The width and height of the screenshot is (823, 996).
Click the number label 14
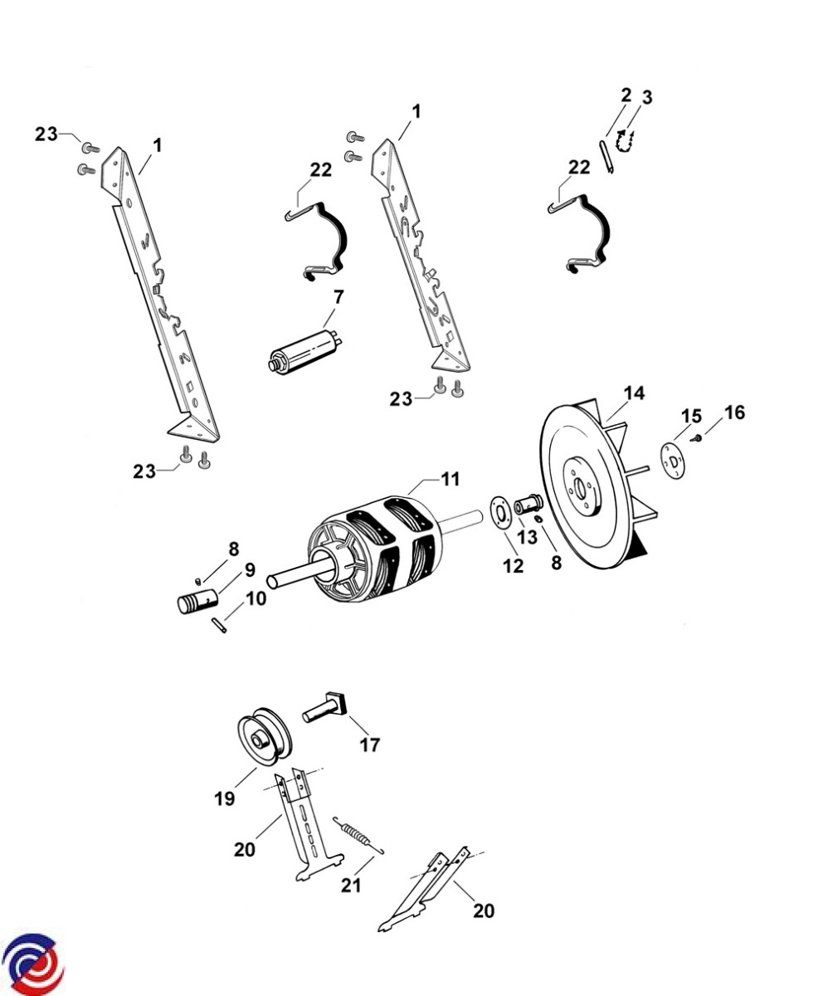pyautogui.click(x=634, y=393)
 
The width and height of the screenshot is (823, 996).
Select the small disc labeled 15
pyautogui.click(x=674, y=461)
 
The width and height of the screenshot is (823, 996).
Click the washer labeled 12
pyautogui.click(x=500, y=512)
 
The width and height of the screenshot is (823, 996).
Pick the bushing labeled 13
pyautogui.click(x=528, y=504)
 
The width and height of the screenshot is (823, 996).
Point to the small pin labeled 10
pyautogui.click(x=219, y=625)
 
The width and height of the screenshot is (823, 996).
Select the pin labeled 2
pyautogui.click(x=605, y=156)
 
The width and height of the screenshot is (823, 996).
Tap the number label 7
pyautogui.click(x=338, y=297)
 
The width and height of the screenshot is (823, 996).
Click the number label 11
pyautogui.click(x=450, y=479)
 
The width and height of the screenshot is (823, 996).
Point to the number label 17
pyautogui.click(x=370, y=745)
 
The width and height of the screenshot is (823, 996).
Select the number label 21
pyautogui.click(x=351, y=886)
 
